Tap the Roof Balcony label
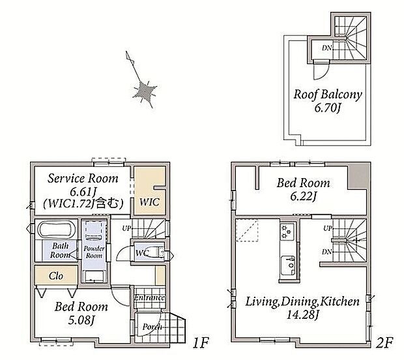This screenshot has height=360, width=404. click(x=328, y=95)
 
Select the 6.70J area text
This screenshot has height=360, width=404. click(x=328, y=108)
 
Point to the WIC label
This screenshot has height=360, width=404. click(x=149, y=202)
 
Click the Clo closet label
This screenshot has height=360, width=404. click(x=56, y=276)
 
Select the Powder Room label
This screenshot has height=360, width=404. click(x=94, y=252)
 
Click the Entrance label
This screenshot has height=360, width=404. click(x=150, y=297)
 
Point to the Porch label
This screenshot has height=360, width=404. click(x=152, y=327)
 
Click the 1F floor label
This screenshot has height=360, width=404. click(x=201, y=343)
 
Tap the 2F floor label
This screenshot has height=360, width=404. click(x=384, y=343)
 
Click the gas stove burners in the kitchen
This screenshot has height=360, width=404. click(x=287, y=232)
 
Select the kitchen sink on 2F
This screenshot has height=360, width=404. click(x=289, y=265)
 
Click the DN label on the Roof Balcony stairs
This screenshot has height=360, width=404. click(x=327, y=48)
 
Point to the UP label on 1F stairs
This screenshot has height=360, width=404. click(x=126, y=228)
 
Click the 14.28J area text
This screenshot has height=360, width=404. click(x=303, y=314)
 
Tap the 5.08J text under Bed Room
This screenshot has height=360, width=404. click(x=81, y=320)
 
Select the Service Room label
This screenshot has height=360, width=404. click(x=83, y=178)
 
